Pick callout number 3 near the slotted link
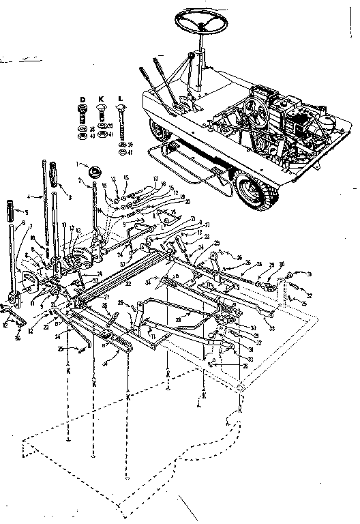click(x=69, y=196)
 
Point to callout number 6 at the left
click(x=23, y=223)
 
